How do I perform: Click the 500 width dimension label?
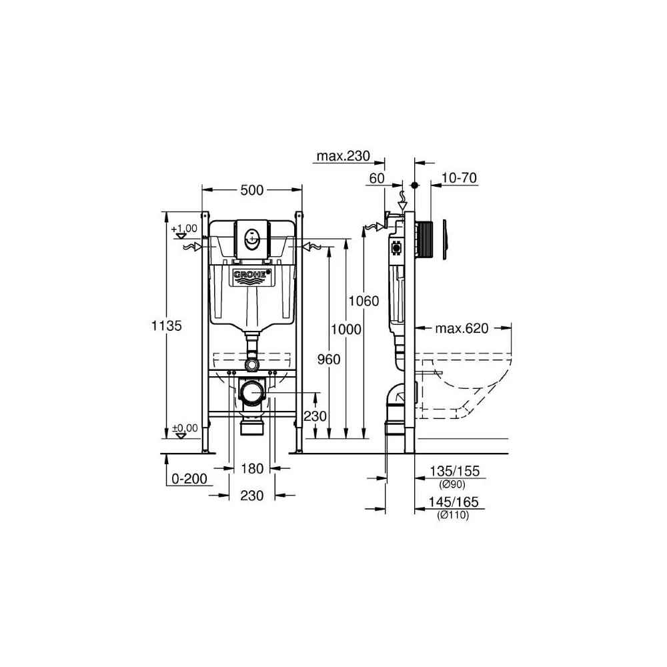click(x=252, y=190)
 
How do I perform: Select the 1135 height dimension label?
click(x=166, y=326)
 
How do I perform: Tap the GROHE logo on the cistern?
click(x=252, y=275)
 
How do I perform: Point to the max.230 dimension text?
click(x=344, y=156)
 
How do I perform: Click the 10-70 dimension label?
click(x=459, y=178)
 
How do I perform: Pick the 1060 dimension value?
click(x=364, y=301)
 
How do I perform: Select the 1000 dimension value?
click(x=346, y=329)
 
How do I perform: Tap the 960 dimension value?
click(x=329, y=360)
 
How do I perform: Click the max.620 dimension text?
click(x=462, y=328)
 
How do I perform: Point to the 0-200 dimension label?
click(x=189, y=479)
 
